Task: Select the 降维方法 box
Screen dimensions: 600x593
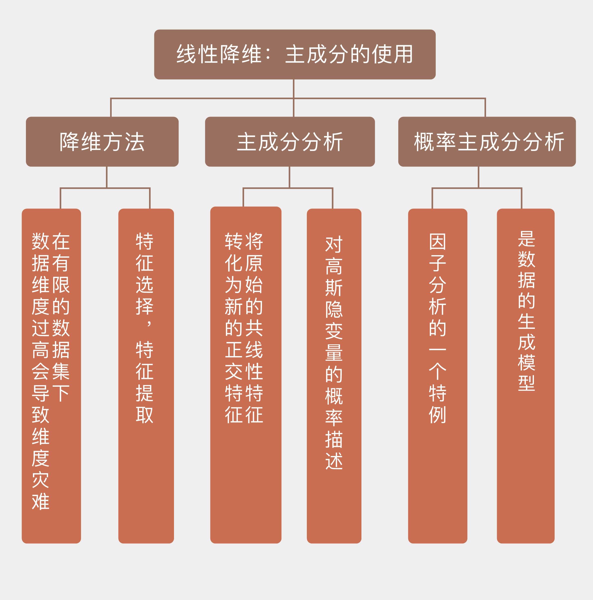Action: (x=102, y=142)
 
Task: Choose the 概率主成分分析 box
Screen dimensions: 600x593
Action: (x=487, y=142)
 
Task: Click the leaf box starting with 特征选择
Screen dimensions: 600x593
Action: (x=146, y=376)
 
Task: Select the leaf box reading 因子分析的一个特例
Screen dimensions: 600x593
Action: (x=437, y=376)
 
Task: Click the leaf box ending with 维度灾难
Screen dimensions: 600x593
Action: (x=51, y=376)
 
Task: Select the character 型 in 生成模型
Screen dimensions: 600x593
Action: (x=526, y=383)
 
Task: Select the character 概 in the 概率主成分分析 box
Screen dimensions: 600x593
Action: (x=424, y=142)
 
